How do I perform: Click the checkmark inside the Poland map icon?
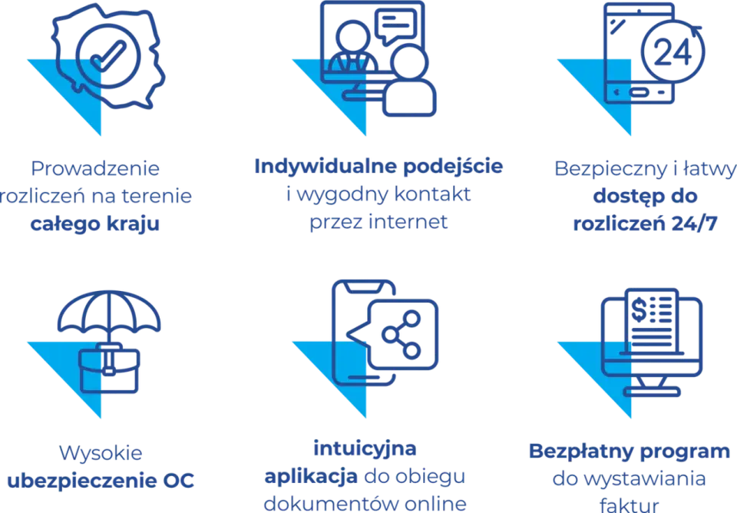point(108,55)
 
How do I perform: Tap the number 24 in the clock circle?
point(673,51)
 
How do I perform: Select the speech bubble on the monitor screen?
point(396,26)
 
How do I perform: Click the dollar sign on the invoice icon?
point(638,309)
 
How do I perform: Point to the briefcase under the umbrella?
point(109,368)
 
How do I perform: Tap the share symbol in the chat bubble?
point(401,335)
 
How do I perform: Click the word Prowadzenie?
point(95,168)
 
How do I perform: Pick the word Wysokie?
point(101,453)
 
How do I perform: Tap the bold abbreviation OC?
point(178,481)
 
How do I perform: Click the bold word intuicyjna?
point(365,448)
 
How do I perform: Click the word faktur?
point(629,505)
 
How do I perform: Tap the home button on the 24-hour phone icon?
point(638,92)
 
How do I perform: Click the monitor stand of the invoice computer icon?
point(652,386)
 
